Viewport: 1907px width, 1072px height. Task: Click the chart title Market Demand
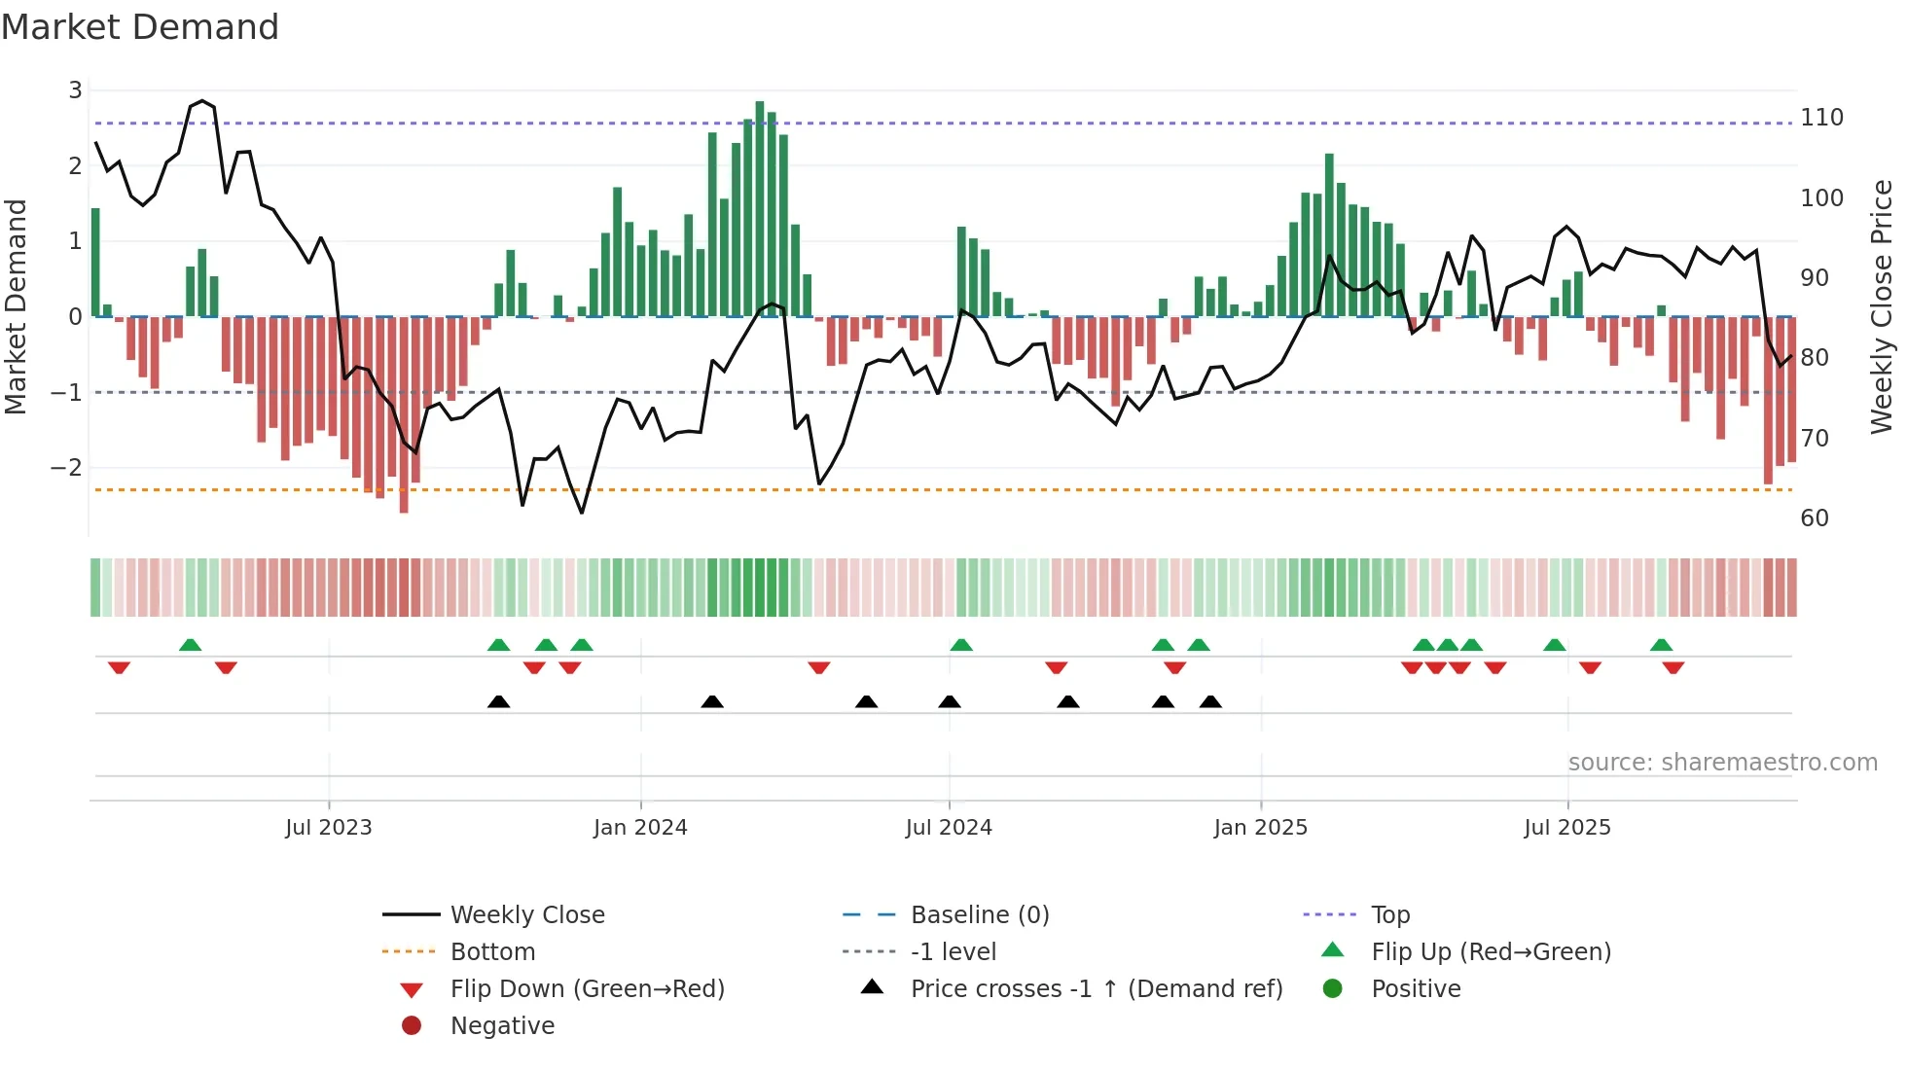140,27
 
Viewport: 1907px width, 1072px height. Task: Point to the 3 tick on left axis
75,90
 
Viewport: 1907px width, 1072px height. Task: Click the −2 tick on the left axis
67,468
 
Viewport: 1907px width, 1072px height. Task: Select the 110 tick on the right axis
1821,118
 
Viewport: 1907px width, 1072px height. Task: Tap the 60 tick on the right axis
1815,518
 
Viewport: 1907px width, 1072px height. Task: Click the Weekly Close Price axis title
1881,306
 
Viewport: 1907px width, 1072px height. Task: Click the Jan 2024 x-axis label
640,828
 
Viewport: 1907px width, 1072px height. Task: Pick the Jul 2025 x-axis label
1567,828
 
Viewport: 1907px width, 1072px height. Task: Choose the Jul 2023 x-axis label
329,828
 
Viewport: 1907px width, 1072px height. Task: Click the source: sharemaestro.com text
1722,763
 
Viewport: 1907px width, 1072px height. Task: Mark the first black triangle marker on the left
498,701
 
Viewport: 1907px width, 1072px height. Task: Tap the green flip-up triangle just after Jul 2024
961,645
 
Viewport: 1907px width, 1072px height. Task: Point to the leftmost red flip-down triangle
119,667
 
